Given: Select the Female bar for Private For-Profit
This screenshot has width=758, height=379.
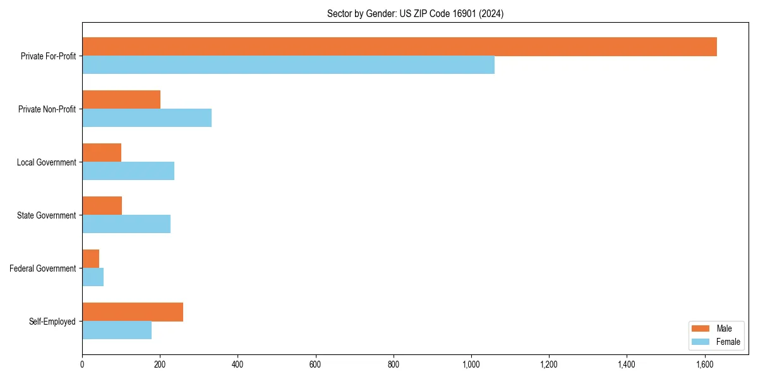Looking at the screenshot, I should tap(288, 65).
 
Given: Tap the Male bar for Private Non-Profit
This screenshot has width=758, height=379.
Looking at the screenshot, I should tap(121, 100).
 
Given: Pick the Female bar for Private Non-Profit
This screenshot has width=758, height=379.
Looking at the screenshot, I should tap(147, 118).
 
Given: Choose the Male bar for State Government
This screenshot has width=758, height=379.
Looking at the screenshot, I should tap(102, 206).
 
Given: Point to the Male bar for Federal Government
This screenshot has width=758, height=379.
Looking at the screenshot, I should tap(91, 259).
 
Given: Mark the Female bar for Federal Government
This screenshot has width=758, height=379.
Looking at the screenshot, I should tap(93, 277).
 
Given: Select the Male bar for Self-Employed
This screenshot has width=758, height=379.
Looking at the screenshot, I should tap(133, 312).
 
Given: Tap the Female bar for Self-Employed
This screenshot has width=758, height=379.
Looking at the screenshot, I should tap(117, 330).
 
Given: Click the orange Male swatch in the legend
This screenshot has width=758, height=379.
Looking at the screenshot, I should tap(701, 328).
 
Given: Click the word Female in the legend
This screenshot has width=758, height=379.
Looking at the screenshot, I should tap(728, 342).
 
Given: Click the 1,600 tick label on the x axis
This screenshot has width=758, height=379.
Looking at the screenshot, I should tap(704, 364).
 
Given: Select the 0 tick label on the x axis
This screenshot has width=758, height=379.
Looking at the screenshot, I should tap(82, 364).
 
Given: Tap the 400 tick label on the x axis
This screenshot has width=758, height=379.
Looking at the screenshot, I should tap(238, 364).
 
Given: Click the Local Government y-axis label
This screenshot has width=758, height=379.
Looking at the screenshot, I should tap(46, 162).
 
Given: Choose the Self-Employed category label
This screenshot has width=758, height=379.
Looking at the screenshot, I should tap(52, 322).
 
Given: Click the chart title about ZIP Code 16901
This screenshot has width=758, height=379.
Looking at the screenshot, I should tap(415, 13).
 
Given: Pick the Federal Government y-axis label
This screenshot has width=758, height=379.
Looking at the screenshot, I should tap(43, 268).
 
